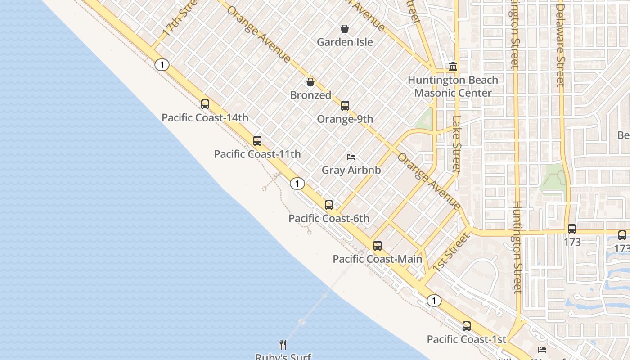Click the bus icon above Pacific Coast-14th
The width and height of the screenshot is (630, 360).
pyautogui.click(x=205, y=104)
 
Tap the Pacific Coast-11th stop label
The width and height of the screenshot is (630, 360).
pyautogui.click(x=257, y=154)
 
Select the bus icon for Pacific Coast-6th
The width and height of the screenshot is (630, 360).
pyautogui.click(x=329, y=205)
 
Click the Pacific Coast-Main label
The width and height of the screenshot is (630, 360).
pyautogui.click(x=377, y=259)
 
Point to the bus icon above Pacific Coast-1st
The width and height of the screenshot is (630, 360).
pyautogui.click(x=467, y=326)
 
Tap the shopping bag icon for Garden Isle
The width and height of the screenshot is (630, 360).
pyautogui.click(x=345, y=29)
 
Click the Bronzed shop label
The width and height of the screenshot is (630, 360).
pyautogui.click(x=310, y=95)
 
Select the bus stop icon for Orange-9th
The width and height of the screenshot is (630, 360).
pyautogui.click(x=345, y=106)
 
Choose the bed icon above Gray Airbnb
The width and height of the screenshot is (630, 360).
pyautogui.click(x=351, y=157)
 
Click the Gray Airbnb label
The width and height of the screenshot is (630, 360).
pyautogui.click(x=351, y=170)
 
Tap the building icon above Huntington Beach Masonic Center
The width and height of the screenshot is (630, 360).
pyautogui.click(x=453, y=67)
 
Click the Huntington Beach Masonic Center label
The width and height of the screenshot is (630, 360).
pyautogui.click(x=453, y=86)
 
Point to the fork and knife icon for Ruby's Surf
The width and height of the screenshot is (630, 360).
pyautogui.click(x=283, y=345)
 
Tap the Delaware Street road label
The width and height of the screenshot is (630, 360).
pyautogui.click(x=560, y=45)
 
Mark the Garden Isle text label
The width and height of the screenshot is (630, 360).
pyautogui.click(x=345, y=42)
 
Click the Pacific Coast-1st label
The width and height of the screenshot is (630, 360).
pyautogui.click(x=466, y=339)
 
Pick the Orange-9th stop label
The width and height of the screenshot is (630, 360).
pyautogui.click(x=345, y=119)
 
